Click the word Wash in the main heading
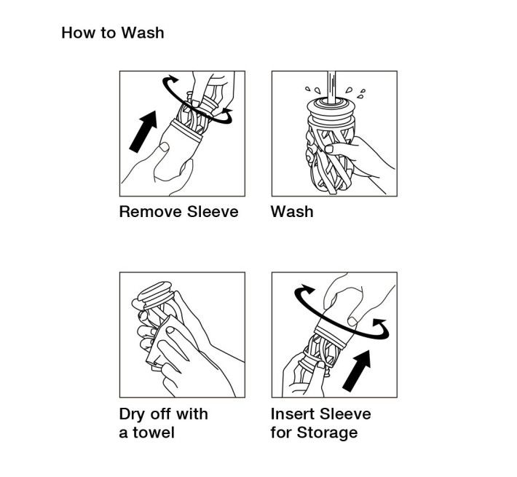[x=143, y=33]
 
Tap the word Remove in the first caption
[x=150, y=212]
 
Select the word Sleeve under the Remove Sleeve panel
[x=213, y=212]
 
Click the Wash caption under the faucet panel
[x=292, y=212]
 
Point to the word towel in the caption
[x=154, y=433]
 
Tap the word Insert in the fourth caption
[x=293, y=414]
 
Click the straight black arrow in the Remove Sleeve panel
[x=143, y=131]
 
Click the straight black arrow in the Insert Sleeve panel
[x=357, y=371]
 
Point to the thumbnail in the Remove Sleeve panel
[x=164, y=146]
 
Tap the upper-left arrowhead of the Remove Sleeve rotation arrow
[x=172, y=79]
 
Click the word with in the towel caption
[x=192, y=414]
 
